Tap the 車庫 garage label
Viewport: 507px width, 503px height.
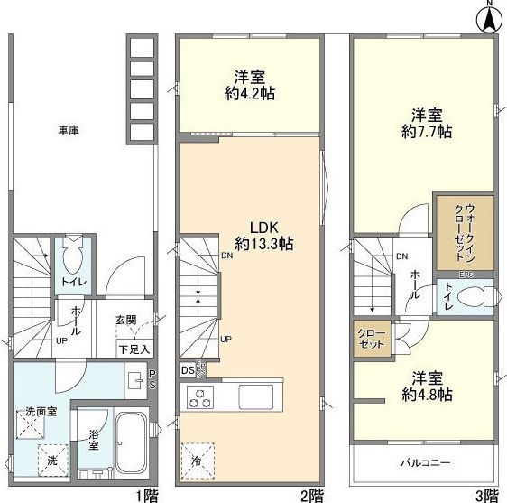tap(69, 131)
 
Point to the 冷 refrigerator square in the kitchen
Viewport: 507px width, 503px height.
tap(198, 459)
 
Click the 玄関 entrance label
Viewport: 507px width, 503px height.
tap(125, 320)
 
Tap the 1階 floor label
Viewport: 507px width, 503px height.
tap(145, 495)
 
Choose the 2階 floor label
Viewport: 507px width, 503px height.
tap(311, 495)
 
